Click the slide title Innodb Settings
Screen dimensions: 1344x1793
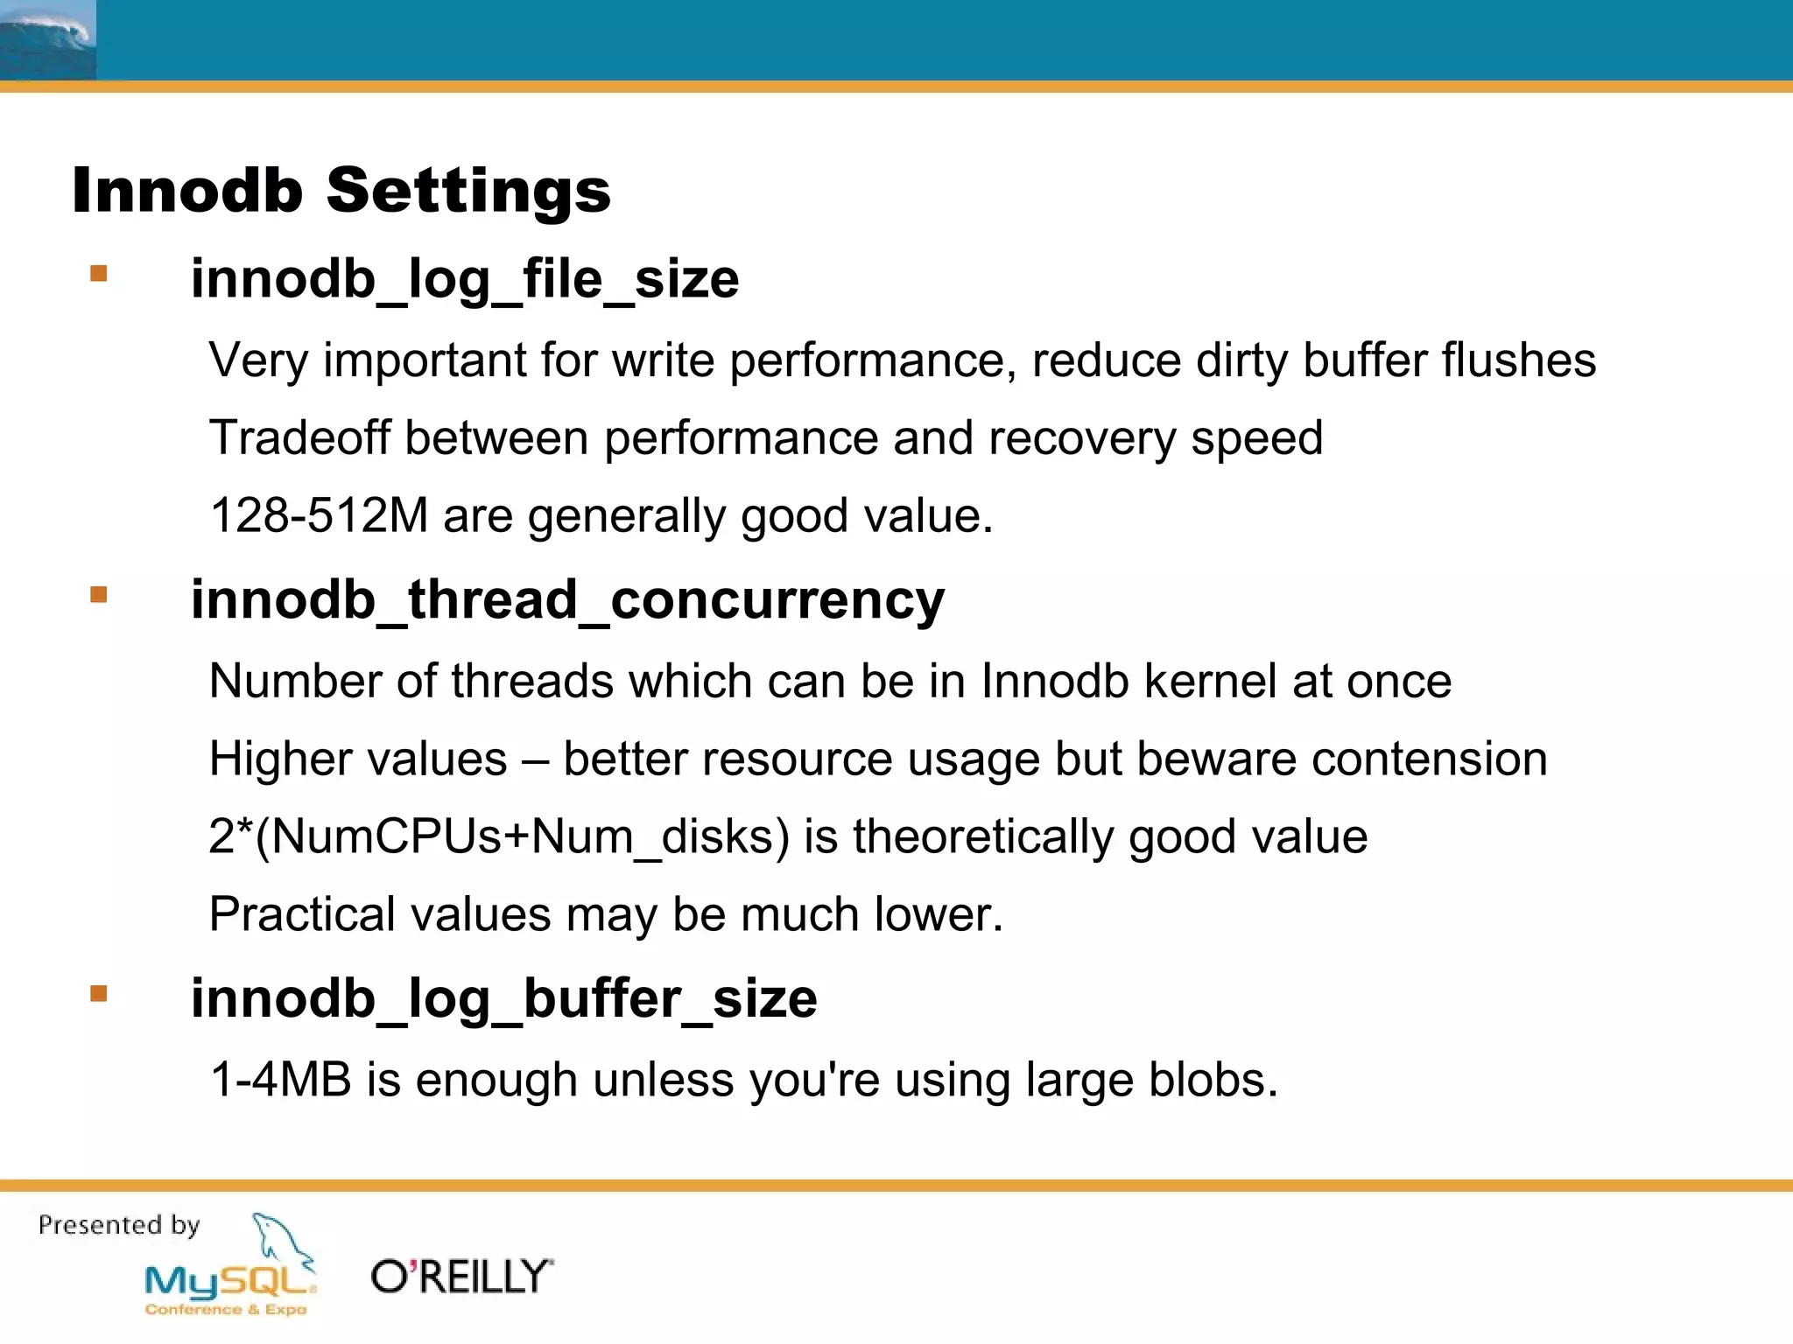341,191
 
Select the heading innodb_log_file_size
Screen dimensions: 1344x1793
465,279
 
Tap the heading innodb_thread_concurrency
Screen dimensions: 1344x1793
567,600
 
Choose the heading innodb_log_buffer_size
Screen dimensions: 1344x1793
503,998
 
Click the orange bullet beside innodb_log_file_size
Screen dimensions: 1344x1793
99,274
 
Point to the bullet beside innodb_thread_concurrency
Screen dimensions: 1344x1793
99,595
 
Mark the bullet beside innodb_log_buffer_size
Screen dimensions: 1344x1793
99,993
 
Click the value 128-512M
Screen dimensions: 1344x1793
319,515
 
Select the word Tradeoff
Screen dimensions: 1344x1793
299,437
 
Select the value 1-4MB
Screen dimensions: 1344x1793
281,1080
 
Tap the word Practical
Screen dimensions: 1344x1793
302,914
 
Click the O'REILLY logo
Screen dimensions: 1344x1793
462,1277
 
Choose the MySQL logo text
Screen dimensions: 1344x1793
229,1282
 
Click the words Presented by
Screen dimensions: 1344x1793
119,1225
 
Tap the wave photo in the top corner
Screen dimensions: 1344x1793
47,40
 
